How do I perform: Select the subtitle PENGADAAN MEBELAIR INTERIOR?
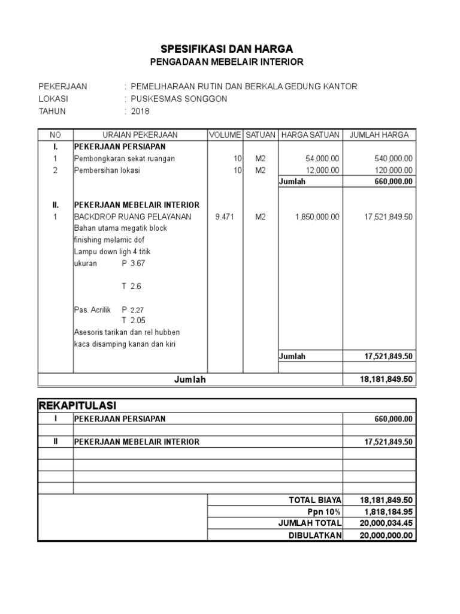pos(226,62)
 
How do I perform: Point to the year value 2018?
pos(140,112)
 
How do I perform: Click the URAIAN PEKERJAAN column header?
pos(140,135)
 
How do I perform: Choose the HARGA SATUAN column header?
pos(310,135)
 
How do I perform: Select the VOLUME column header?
pos(225,135)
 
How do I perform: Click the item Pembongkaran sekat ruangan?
pos(116,159)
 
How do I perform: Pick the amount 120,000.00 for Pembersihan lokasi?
pos(389,170)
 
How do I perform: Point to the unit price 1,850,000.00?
pos(317,217)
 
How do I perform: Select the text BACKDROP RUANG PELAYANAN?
pos(132,217)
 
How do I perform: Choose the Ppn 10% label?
pos(326,511)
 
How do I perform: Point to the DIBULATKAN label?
pos(314,535)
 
